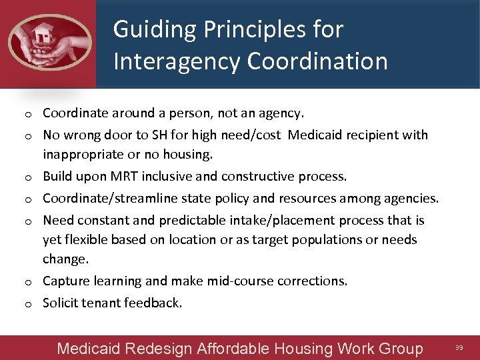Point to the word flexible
[x=88, y=239]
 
